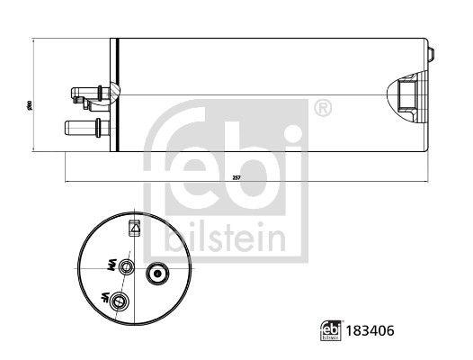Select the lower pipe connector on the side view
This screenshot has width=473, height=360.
pos(84,125)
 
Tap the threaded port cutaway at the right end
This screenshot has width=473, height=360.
pos(407,94)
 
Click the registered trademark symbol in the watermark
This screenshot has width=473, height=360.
pos(323,108)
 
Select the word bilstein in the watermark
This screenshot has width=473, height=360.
pos(227,239)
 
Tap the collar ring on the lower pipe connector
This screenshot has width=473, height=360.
pos(97,125)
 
